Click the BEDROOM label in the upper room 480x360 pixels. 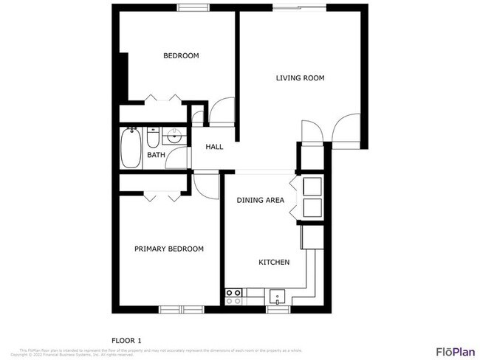181,55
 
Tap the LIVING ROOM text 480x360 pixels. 300,77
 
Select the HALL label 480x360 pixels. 214,147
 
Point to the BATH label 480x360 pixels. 155,155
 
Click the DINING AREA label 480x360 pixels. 260,200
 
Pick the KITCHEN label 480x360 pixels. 273,262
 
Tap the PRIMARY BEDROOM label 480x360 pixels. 168,249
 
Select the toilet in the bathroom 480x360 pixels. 152,138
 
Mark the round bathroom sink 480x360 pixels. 175,136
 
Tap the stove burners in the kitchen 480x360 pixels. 234,297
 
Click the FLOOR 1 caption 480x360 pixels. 126,339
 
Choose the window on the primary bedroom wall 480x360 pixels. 179,308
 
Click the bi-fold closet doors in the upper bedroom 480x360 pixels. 163,99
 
